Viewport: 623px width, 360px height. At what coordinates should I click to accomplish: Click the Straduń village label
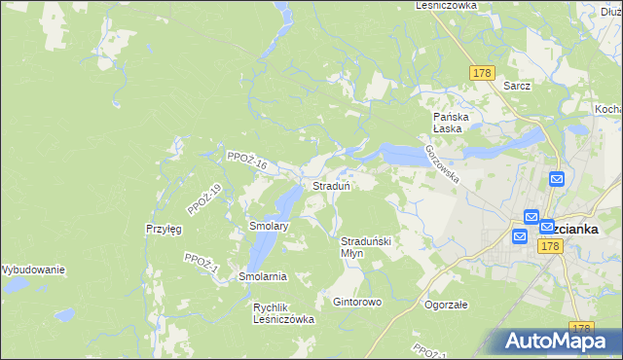[x=331, y=185]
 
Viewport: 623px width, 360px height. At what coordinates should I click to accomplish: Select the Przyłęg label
[x=164, y=229]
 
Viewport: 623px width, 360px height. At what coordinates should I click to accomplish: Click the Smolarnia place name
[x=263, y=276]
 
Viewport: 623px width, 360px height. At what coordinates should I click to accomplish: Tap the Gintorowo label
[x=357, y=303]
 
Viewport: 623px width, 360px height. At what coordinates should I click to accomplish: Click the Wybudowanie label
[x=32, y=269]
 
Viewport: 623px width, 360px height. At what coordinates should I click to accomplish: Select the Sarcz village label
[x=517, y=86]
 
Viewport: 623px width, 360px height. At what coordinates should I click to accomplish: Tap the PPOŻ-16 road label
[x=245, y=161]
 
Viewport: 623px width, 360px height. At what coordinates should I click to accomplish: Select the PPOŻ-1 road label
[x=202, y=264]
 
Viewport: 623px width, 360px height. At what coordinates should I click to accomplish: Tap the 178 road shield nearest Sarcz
[x=483, y=74]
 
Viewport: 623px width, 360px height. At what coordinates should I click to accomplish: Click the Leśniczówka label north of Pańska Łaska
[x=446, y=5]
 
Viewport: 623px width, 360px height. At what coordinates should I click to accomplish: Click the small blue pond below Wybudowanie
[x=64, y=315]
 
